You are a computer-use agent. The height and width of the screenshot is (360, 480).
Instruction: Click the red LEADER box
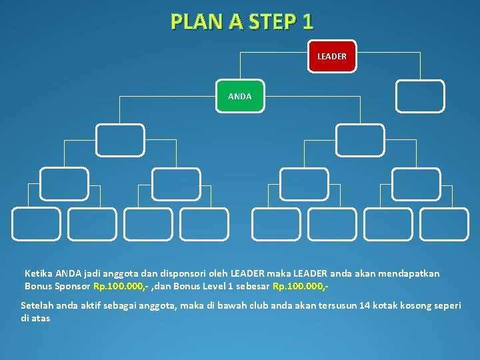331,57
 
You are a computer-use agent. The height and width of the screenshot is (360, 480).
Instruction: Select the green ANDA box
239,97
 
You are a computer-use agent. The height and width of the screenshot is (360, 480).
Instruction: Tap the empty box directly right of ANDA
419,96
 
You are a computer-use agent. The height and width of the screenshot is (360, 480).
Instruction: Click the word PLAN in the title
195,22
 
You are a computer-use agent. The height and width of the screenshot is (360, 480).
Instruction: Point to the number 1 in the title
307,22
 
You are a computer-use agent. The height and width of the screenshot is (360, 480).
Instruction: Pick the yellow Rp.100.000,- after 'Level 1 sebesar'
300,286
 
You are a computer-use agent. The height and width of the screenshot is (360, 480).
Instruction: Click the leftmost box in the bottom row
35,224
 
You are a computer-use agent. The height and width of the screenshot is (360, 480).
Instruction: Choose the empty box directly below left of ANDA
120,140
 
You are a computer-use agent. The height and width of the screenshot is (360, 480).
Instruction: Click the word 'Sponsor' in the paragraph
72,286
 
